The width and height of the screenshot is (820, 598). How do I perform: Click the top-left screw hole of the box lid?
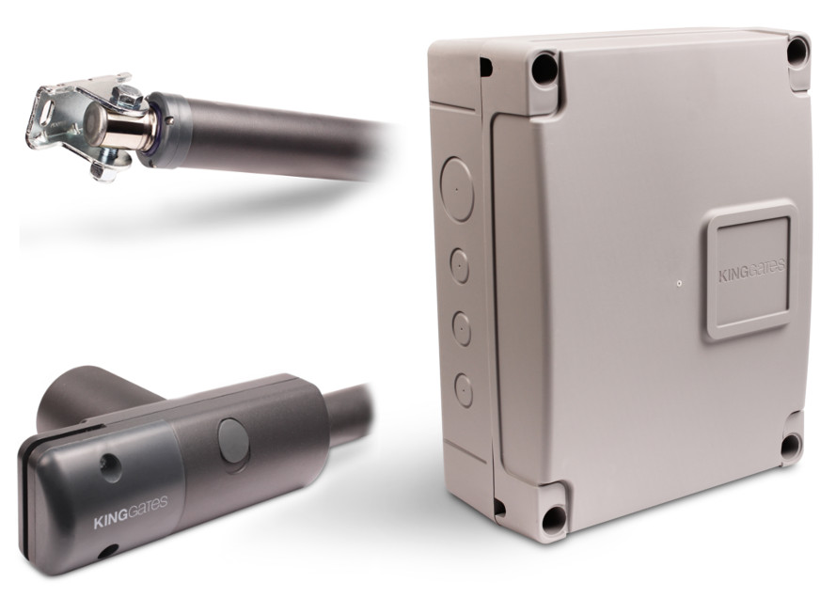544,67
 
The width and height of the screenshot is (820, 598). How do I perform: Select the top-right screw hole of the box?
797,50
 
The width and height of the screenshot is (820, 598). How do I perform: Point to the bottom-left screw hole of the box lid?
554,522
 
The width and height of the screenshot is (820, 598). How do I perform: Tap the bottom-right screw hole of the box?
790,446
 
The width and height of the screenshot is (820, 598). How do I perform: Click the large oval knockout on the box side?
456,189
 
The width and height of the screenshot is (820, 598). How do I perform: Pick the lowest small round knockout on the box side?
464,390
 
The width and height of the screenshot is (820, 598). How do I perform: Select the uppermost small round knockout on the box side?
460,265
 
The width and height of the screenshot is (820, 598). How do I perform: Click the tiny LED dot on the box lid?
679,284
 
